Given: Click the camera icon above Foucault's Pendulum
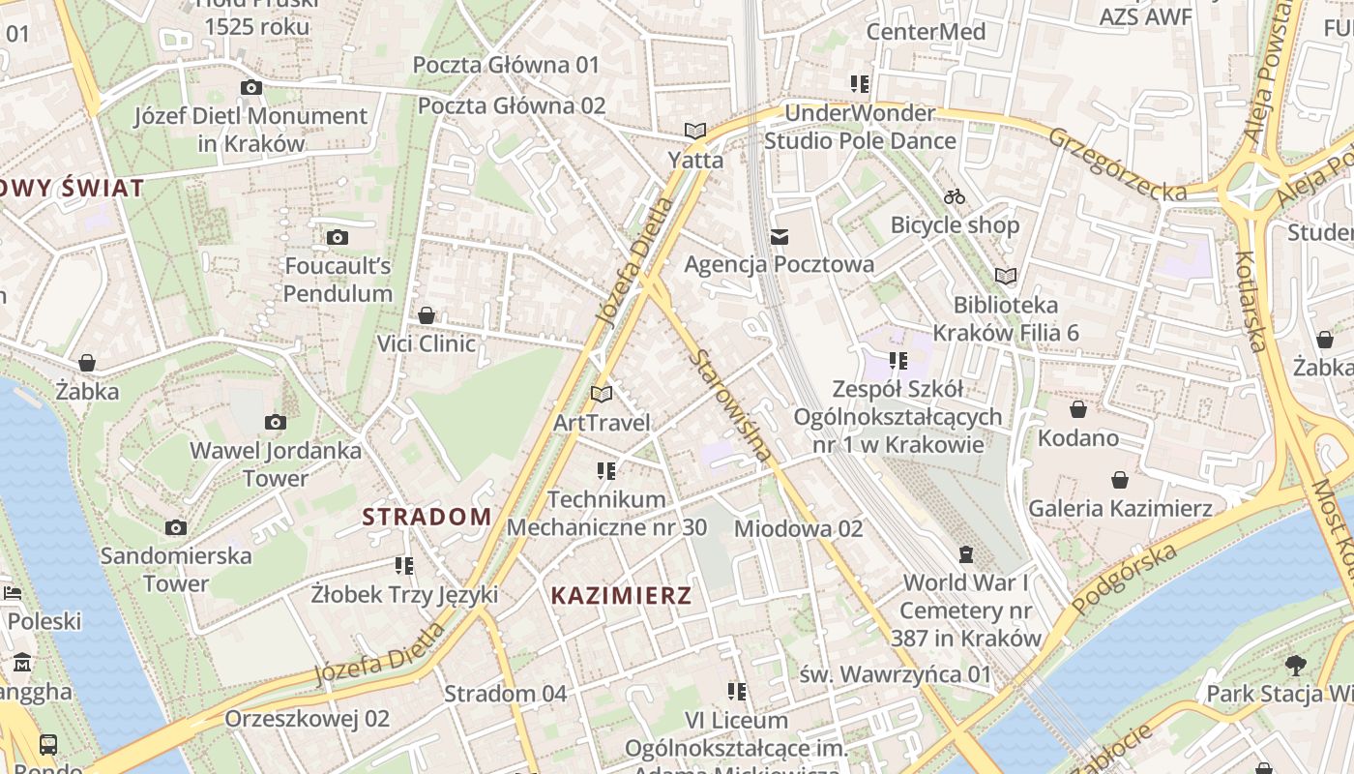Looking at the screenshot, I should tap(338, 237).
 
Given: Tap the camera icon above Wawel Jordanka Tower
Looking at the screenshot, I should tap(276, 422).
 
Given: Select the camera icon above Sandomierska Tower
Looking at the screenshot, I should tap(175, 527).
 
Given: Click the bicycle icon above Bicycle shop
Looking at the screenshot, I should tap(955, 196).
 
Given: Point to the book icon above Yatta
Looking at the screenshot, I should tap(694, 131).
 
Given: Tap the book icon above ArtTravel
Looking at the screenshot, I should tap(602, 394).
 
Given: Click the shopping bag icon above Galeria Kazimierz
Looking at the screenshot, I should tap(1120, 480).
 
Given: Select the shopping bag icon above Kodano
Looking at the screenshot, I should tap(1077, 409).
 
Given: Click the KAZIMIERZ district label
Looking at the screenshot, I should tap(622, 596).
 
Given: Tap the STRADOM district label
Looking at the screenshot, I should tap(427, 517).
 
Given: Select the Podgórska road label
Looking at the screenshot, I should tap(1125, 577).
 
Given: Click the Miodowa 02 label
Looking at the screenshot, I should tap(799, 528).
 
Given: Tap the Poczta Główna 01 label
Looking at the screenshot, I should tap(507, 65).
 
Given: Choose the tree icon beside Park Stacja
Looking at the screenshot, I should tap(1295, 665).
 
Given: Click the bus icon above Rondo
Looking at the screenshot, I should tap(48, 744).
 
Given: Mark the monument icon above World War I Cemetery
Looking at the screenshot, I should tap(966, 554).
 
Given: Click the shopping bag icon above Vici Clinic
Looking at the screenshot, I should tap(427, 315).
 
